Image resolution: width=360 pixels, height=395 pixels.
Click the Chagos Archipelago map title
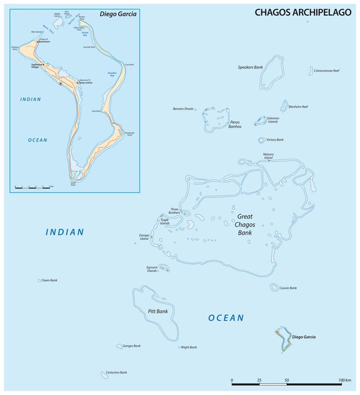[303, 12]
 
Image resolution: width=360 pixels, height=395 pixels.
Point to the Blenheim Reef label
[302, 107]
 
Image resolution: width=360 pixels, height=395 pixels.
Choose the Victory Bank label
[275, 140]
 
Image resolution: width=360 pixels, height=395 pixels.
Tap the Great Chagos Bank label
[244, 225]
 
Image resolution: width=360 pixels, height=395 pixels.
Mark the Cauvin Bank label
[288, 288]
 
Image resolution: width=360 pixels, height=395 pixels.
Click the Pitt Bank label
[157, 312]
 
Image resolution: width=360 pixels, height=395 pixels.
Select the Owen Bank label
[49, 280]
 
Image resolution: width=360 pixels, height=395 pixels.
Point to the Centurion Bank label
[116, 372]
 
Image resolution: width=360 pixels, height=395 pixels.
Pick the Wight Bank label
[189, 347]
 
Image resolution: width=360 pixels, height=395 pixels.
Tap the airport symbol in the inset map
[61, 84]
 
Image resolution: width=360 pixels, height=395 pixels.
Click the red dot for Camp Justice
[78, 83]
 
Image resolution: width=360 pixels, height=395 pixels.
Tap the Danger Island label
[144, 237]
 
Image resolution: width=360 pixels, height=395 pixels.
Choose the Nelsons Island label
[268, 156]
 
